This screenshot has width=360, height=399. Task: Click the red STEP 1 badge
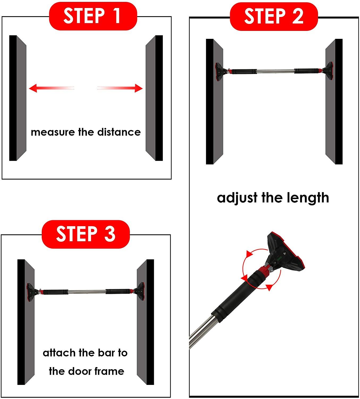coord(93,16)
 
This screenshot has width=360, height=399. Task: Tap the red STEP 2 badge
coord(274,16)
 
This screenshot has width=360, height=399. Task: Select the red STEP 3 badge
coord(86,234)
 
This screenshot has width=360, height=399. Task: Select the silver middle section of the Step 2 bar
coord(275,71)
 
